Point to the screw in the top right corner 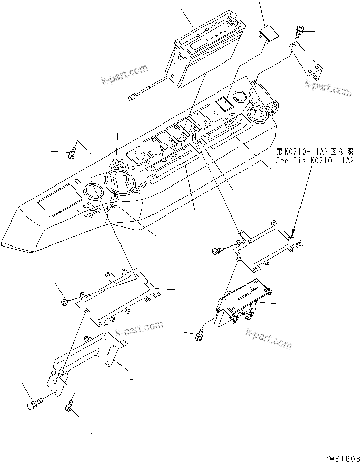pyautogui.click(x=299, y=32)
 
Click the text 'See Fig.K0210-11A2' pyautogui.click(x=315, y=160)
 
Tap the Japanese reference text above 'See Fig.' pyautogui.click(x=315, y=151)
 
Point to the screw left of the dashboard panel pyautogui.click(x=72, y=151)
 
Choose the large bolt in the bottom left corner pyautogui.click(x=33, y=405)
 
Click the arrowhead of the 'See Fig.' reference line pyautogui.click(x=293, y=234)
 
